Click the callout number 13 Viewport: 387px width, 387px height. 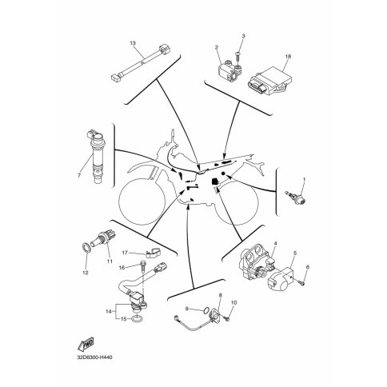click(x=133, y=43)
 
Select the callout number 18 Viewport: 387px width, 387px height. click(x=288, y=56)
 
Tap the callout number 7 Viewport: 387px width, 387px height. click(x=79, y=175)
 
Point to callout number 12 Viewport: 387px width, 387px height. click(x=86, y=273)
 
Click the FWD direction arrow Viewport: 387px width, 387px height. click(x=86, y=344)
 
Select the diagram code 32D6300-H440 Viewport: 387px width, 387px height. click(x=94, y=357)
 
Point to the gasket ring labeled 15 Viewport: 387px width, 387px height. click(x=138, y=318)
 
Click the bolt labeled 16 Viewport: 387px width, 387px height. click(x=143, y=267)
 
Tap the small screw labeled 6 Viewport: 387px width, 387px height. click(x=301, y=283)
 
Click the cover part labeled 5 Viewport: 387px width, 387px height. click(x=280, y=279)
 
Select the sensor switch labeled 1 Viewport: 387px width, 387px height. click(x=295, y=197)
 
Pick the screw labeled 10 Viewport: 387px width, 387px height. click(x=227, y=318)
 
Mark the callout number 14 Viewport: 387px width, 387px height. click(x=109, y=311)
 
